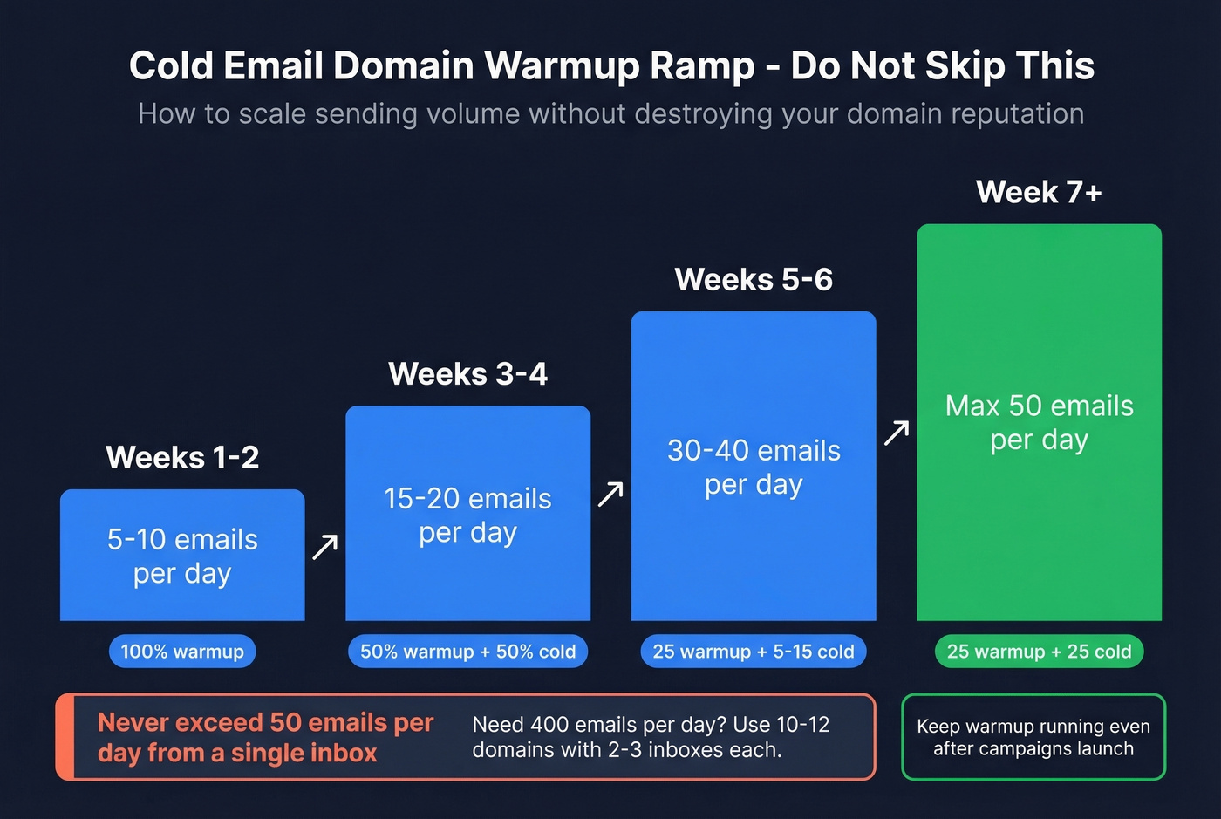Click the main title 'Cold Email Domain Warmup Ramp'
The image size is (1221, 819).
(x=610, y=66)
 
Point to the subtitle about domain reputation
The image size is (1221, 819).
(x=610, y=114)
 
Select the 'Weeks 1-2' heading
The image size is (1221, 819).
(x=182, y=457)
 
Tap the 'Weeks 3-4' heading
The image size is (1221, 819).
(x=467, y=374)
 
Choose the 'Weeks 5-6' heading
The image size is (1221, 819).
(x=754, y=280)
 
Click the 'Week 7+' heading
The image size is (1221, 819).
(x=1039, y=192)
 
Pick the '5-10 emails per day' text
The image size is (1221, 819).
(x=182, y=556)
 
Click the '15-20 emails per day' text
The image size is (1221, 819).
(x=467, y=515)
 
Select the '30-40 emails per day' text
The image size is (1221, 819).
(x=754, y=467)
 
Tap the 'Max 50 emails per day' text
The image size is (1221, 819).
(x=1039, y=422)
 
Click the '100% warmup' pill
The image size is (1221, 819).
(x=182, y=652)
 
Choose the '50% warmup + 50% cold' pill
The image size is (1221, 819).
(x=467, y=652)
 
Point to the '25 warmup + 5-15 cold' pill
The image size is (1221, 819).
(x=754, y=652)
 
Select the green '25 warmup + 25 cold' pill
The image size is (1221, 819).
(x=1039, y=652)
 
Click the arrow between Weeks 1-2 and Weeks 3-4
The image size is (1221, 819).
(x=325, y=547)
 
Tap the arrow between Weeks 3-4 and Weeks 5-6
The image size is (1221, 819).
(x=610, y=494)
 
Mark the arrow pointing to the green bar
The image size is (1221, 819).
(x=897, y=433)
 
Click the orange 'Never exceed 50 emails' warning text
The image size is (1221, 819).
(x=265, y=737)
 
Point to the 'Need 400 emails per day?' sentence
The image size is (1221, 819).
(x=651, y=737)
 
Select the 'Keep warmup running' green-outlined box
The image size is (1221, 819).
(x=1033, y=737)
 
